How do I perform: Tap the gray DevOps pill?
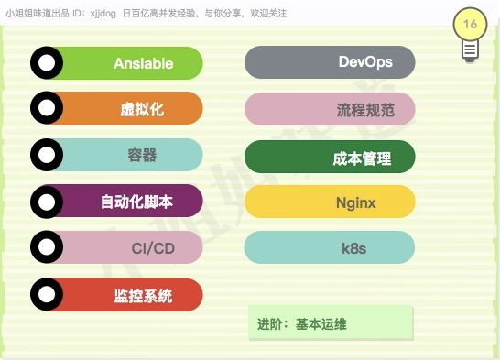pos(330,62)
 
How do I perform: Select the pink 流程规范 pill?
pos(330,109)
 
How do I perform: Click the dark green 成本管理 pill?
pos(330,158)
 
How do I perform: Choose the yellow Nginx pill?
pos(330,202)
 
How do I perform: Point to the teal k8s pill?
pos(330,247)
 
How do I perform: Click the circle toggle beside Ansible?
pos(47,63)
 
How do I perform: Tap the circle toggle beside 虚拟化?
pos(47,109)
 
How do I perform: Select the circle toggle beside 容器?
pos(47,155)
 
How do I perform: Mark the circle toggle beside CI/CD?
pos(47,247)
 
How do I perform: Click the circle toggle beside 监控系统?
pos(47,295)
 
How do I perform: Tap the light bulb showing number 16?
pos(470,34)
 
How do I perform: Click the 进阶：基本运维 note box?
pos(331,324)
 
